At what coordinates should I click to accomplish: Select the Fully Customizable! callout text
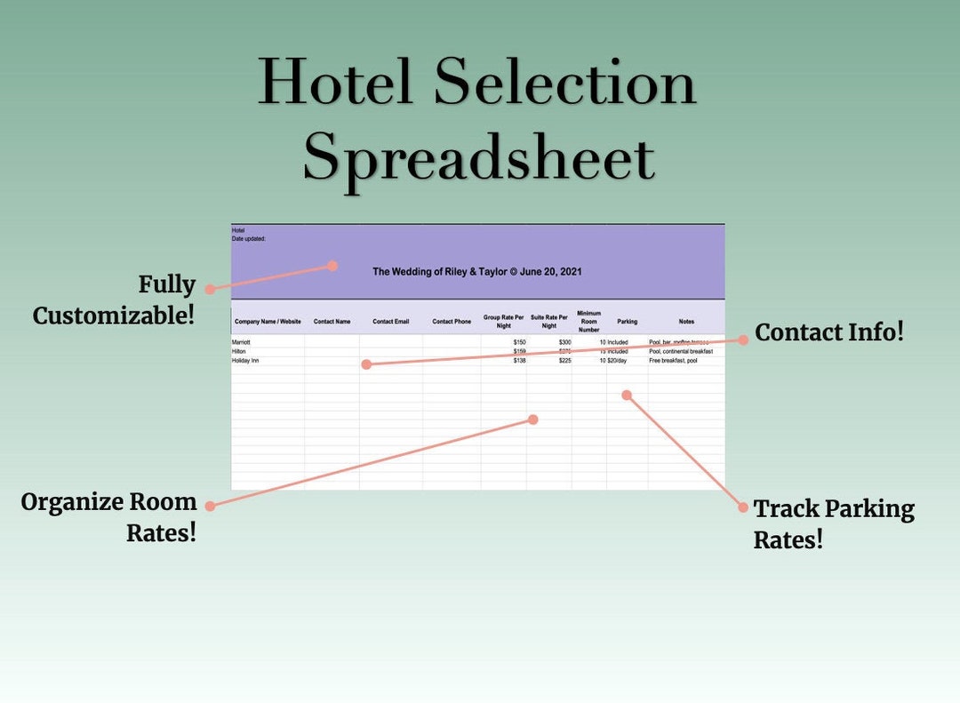[114, 300]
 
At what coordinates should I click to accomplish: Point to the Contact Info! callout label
[828, 332]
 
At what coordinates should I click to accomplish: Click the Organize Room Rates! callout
[108, 516]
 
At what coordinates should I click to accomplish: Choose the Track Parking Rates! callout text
[834, 523]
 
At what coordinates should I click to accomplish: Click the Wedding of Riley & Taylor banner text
[477, 272]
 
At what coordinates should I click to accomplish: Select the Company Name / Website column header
[268, 322]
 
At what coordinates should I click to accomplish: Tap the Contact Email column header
[390, 322]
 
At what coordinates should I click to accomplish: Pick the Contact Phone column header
[452, 322]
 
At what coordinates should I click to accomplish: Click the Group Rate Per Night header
[504, 321]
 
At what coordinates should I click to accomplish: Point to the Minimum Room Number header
[589, 322]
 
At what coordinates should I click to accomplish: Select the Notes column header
[686, 322]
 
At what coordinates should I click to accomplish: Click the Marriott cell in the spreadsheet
[242, 342]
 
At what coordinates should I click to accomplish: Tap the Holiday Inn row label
[245, 361]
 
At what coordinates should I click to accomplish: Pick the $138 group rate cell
[519, 361]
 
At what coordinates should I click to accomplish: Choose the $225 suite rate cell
[564, 361]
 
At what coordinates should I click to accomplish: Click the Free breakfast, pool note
[673, 361]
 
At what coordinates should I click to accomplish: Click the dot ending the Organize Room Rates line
[533, 419]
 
